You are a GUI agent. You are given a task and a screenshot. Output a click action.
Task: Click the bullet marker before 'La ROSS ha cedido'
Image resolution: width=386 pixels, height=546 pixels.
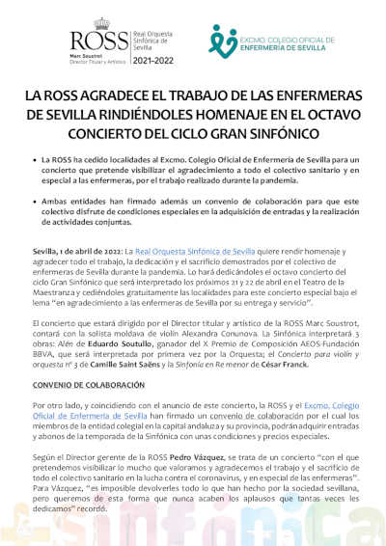(x=36, y=156)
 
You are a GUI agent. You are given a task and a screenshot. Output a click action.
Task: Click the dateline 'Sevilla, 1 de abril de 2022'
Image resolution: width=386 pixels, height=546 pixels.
(x=73, y=250)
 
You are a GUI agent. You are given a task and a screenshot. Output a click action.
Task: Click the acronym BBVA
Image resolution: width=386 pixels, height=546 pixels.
(x=43, y=352)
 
